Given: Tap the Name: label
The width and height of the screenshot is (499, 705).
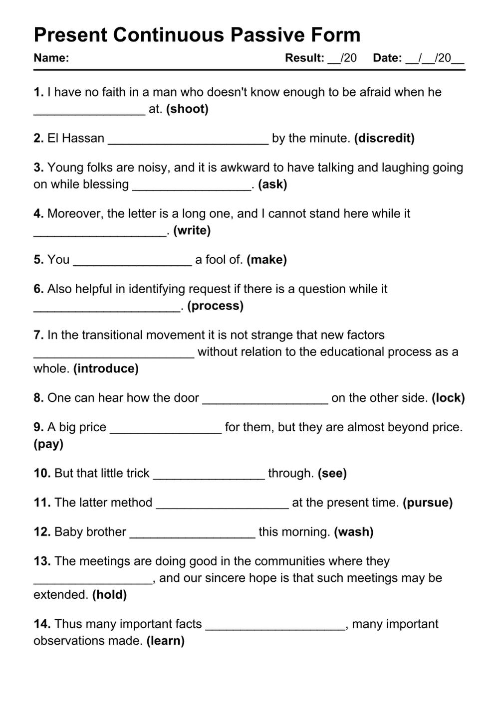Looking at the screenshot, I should (x=51, y=58).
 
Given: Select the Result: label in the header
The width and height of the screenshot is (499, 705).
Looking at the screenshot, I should (x=304, y=58).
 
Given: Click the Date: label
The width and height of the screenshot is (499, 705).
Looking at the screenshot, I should (x=387, y=58).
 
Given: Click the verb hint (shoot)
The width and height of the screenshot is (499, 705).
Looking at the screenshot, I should (x=187, y=109).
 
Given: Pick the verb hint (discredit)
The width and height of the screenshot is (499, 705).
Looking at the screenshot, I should (x=384, y=138).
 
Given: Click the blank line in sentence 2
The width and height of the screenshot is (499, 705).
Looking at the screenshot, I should (x=188, y=141).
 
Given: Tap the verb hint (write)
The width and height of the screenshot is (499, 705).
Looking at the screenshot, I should (x=192, y=230).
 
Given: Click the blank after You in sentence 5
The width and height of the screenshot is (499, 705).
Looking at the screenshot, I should (x=132, y=262).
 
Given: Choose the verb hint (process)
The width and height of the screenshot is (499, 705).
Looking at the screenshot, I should (x=216, y=306).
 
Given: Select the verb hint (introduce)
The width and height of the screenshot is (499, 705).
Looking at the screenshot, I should (x=106, y=368).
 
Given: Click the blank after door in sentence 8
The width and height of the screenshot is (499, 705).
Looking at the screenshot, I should (x=265, y=400).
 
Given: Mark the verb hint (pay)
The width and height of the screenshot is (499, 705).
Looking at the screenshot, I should (x=48, y=444).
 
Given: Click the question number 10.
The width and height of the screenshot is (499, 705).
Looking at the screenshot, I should (x=42, y=473).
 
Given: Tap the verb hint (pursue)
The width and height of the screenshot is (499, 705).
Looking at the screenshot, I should (x=428, y=503).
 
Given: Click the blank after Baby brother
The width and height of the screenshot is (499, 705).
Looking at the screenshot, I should (x=192, y=534).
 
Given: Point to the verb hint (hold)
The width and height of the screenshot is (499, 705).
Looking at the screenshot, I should (x=109, y=594).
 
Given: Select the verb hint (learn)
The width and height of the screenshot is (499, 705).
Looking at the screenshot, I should (x=165, y=641).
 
